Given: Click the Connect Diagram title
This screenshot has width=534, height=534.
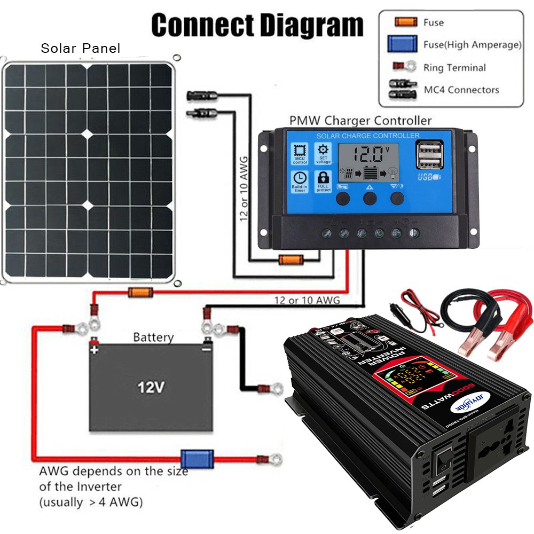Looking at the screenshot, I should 257,24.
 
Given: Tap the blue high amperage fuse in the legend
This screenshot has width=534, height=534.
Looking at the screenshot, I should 403,44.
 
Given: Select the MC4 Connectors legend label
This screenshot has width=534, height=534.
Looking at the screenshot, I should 461,90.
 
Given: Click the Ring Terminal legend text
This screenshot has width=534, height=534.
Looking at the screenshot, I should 454,68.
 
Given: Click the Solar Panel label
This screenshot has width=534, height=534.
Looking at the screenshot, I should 81,49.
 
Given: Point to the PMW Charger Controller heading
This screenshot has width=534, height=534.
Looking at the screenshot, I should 360,121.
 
